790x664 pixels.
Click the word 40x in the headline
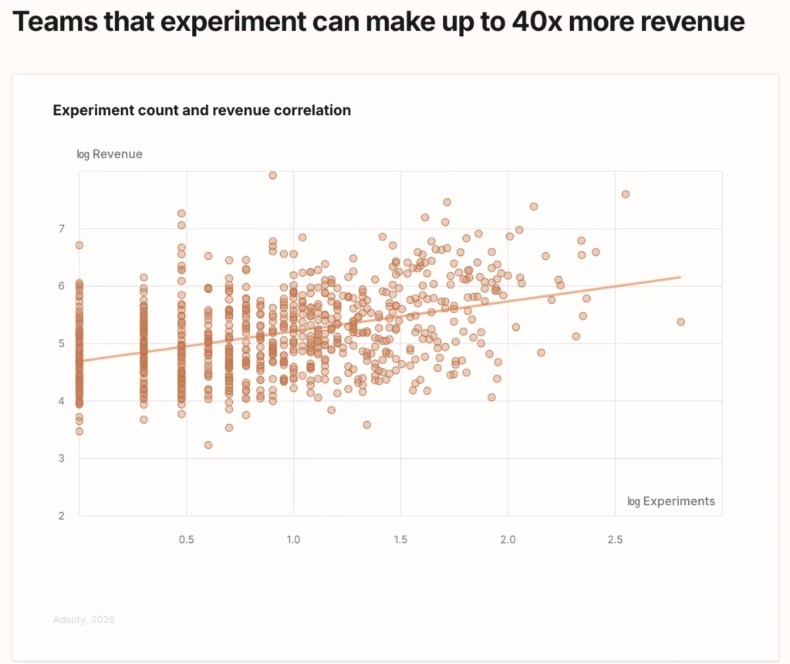click(535, 22)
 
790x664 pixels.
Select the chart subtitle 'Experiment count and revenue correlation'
click(201, 110)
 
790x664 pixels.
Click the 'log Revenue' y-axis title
click(110, 154)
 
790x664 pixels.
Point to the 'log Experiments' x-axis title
click(671, 501)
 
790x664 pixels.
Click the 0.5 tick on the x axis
click(186, 540)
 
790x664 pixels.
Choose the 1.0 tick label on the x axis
click(293, 540)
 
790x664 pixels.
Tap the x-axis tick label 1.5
click(400, 540)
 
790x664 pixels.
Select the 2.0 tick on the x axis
click(508, 540)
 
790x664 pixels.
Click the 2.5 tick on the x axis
click(614, 540)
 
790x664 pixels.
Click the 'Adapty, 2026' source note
click(83, 619)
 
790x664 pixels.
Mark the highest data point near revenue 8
click(272, 175)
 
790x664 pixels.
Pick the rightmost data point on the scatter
click(680, 322)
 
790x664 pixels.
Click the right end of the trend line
click(680, 277)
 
